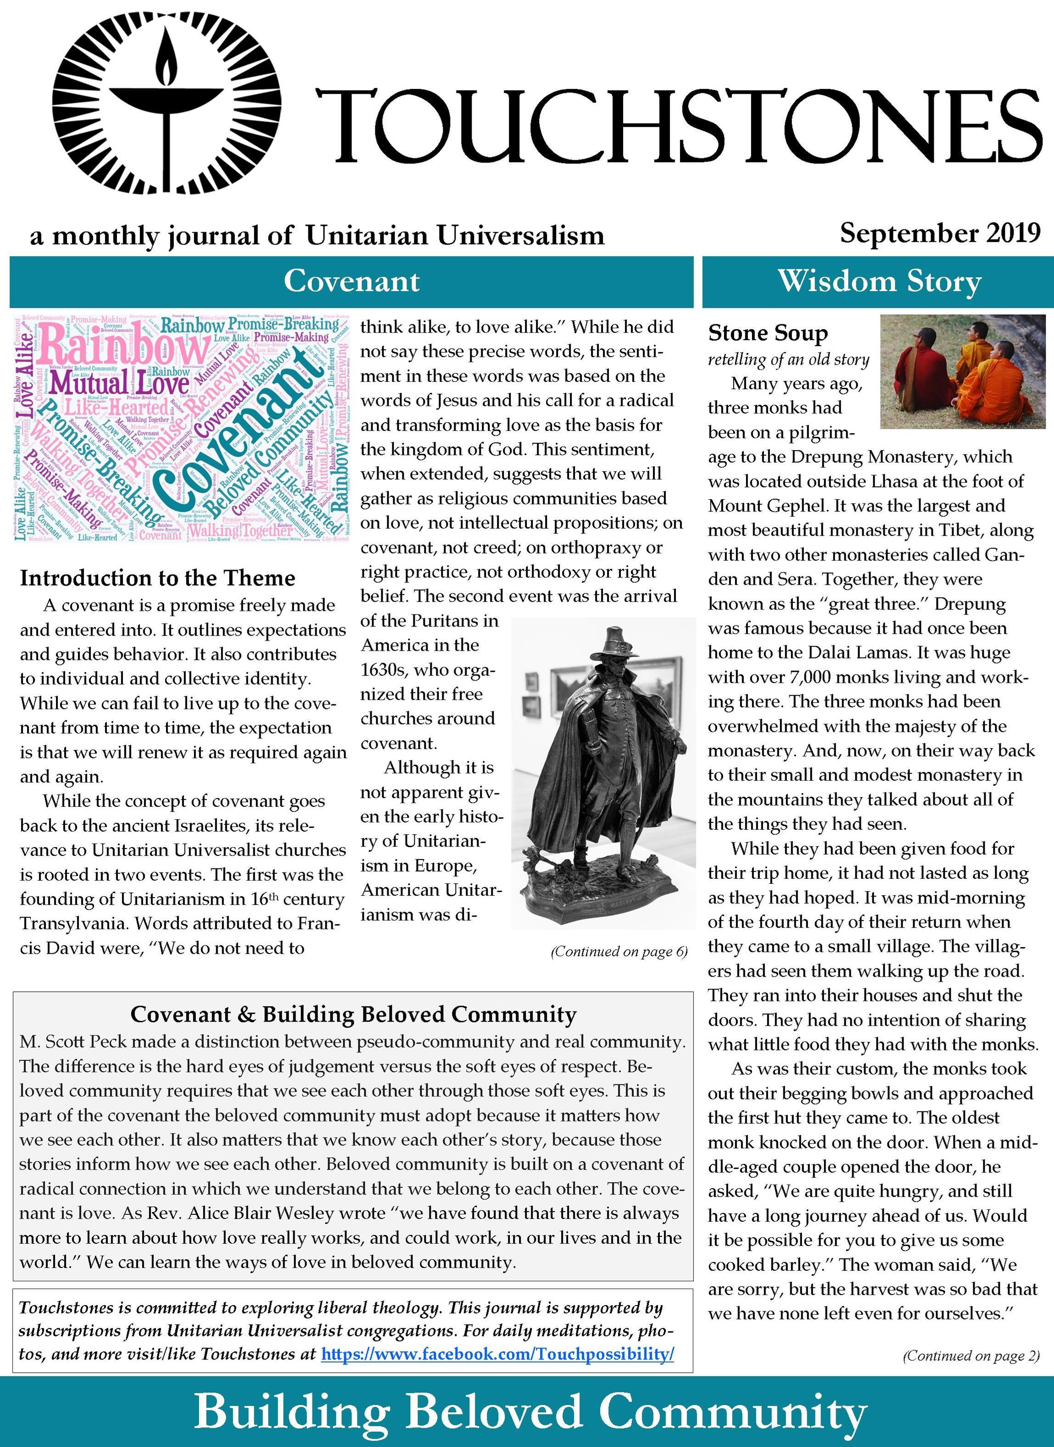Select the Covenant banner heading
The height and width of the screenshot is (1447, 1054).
(x=351, y=281)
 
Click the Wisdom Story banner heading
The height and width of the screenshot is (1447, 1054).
(x=879, y=281)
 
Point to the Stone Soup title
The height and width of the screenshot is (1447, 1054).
(x=768, y=333)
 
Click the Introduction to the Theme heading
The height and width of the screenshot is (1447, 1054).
(x=157, y=578)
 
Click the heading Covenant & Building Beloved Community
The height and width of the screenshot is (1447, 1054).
(x=353, y=1014)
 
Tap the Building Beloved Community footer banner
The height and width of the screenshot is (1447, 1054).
(x=530, y=1411)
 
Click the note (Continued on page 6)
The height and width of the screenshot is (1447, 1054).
(x=618, y=951)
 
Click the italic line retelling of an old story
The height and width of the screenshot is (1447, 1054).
(x=788, y=360)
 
